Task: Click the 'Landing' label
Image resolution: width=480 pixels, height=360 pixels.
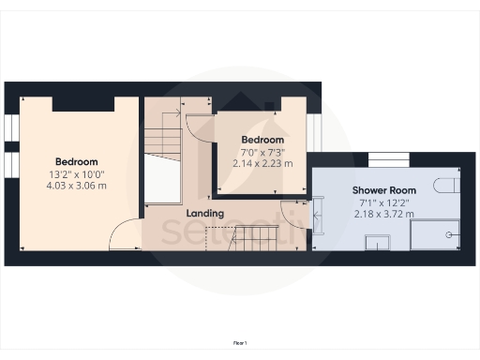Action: pyautogui.click(x=204, y=214)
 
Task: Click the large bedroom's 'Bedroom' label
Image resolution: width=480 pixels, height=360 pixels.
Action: pyautogui.click(x=76, y=161)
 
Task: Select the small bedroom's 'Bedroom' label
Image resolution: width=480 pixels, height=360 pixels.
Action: pyautogui.click(x=262, y=140)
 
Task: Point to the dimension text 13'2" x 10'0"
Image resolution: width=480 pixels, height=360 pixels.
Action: pyautogui.click(x=76, y=173)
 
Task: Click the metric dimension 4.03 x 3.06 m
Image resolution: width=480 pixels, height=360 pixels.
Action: pyautogui.click(x=76, y=186)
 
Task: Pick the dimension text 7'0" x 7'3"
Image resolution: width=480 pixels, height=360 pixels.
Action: pyautogui.click(x=262, y=151)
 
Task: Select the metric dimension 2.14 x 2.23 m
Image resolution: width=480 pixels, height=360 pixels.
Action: pyautogui.click(x=262, y=162)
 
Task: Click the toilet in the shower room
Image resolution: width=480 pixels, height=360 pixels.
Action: pyautogui.click(x=449, y=184)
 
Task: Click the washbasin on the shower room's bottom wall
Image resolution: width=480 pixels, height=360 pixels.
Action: pyautogui.click(x=377, y=245)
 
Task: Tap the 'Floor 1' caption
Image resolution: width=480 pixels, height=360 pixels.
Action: pyautogui.click(x=240, y=344)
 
